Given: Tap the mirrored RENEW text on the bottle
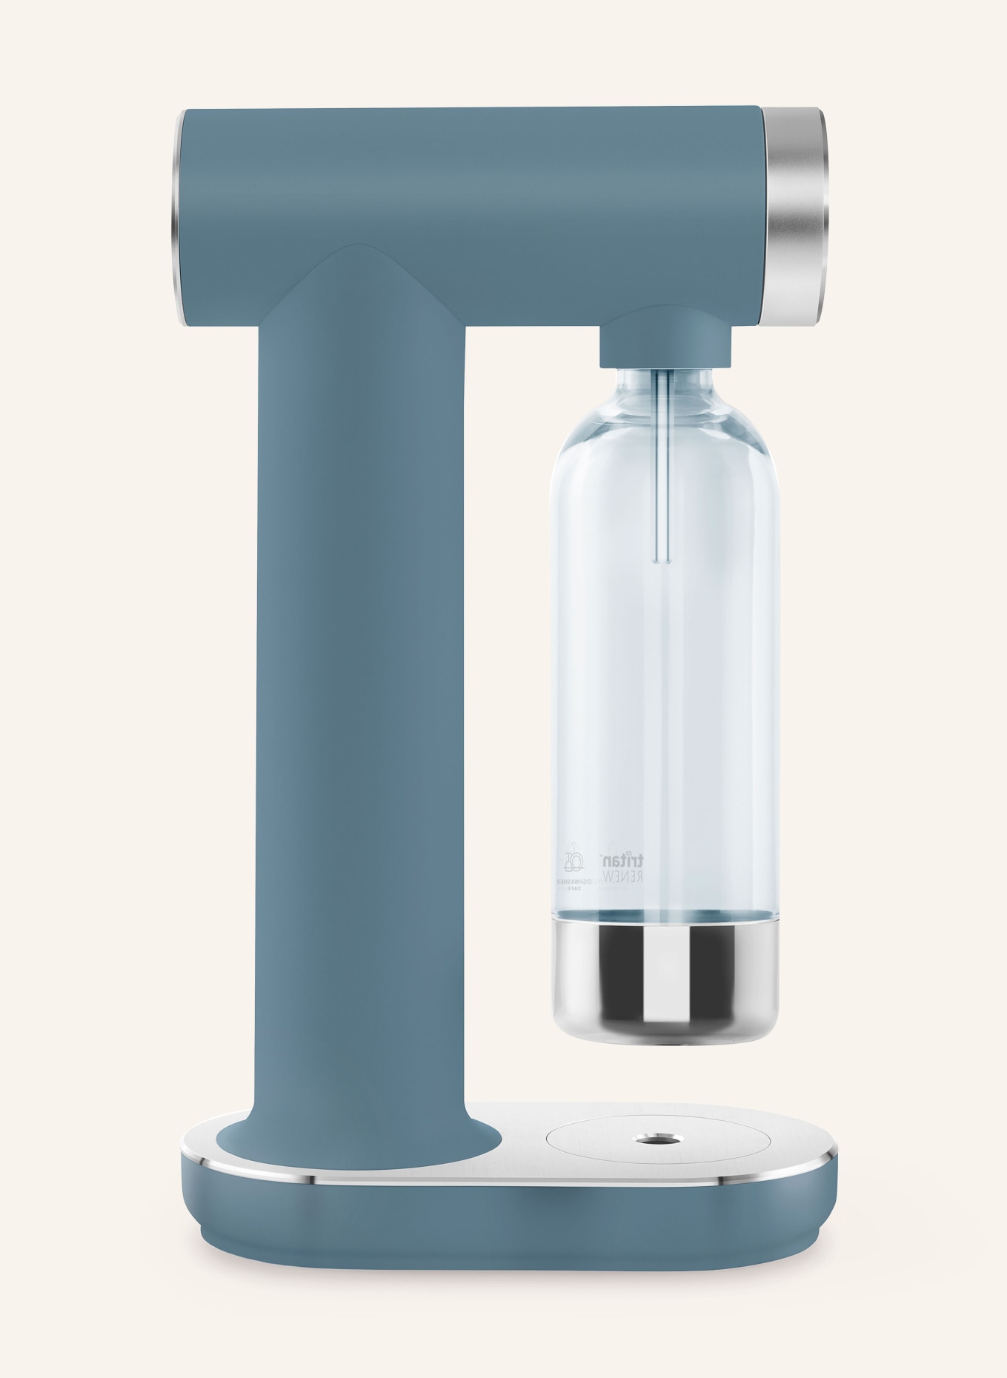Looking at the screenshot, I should [x=625, y=875].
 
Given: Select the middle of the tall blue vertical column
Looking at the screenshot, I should [x=361, y=704].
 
